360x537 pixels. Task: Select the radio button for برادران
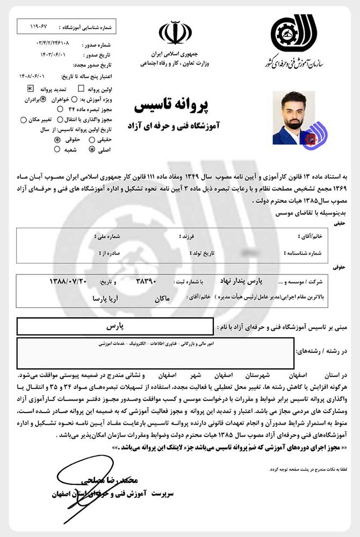tap(44, 99)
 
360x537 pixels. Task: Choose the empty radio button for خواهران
tap(74, 99)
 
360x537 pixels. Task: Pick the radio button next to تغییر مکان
tap(23, 120)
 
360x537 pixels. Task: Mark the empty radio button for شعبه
tap(57, 149)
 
